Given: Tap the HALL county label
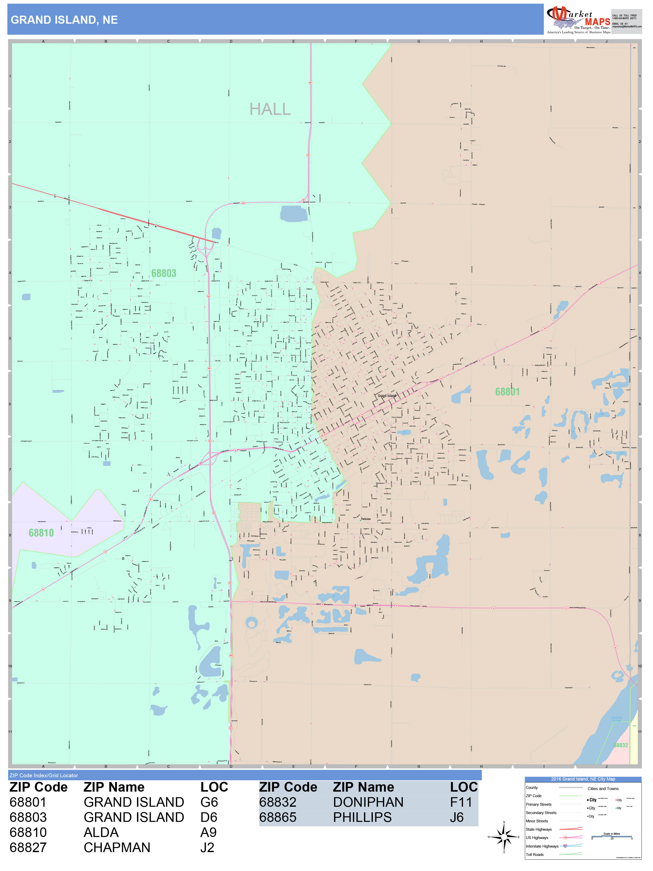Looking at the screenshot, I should pos(270,109).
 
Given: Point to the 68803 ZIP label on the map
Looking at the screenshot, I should pos(164,273).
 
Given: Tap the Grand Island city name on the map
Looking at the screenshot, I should pos(387,396).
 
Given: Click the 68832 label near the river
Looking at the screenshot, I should pos(621,745).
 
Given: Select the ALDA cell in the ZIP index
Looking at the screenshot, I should pos(101,832).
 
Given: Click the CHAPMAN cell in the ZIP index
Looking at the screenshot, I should pos(117,847).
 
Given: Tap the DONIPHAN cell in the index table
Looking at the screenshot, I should pos(368,802).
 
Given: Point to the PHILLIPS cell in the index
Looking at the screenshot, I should pos(362,818).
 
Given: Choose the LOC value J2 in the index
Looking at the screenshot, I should pos(207,847).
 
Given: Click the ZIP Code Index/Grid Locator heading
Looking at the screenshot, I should pos(44,775).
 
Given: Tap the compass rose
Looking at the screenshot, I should pos(504,837).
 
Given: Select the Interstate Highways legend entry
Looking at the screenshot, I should pos(542,846).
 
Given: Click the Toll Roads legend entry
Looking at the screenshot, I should pos(535,854).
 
